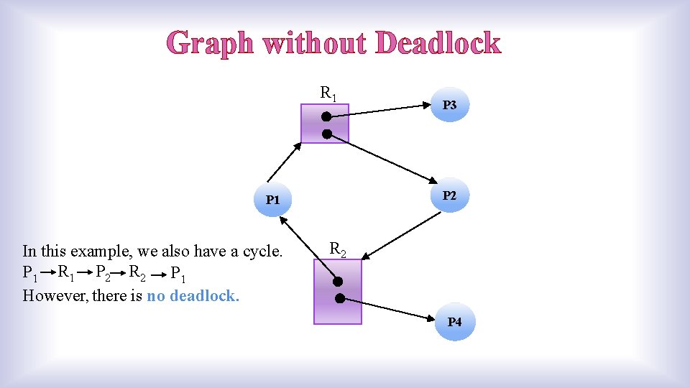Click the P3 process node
coord(449,105)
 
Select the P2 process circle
coord(449,195)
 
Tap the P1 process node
coord(272,200)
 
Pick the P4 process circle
coord(455,322)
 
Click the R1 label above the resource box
coord(328,93)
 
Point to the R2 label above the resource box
coord(337,249)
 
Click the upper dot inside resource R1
coord(326,116)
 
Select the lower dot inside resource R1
coord(326,134)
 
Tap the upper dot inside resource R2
coord(338,282)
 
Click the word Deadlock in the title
coord(438,44)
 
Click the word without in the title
coord(315,44)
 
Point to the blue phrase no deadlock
coord(193,295)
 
